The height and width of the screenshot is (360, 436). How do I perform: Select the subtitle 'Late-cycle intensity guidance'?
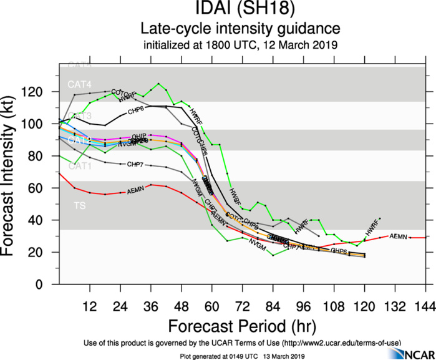[x=240, y=29]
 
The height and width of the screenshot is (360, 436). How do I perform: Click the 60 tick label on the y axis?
[x=46, y=188]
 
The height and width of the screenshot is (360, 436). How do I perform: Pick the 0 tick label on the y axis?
[x=49, y=284]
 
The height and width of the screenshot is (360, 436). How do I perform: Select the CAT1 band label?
[x=80, y=166]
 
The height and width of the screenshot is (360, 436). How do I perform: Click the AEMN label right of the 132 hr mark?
[x=398, y=236]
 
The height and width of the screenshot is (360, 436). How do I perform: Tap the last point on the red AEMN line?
[x=426, y=238]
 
